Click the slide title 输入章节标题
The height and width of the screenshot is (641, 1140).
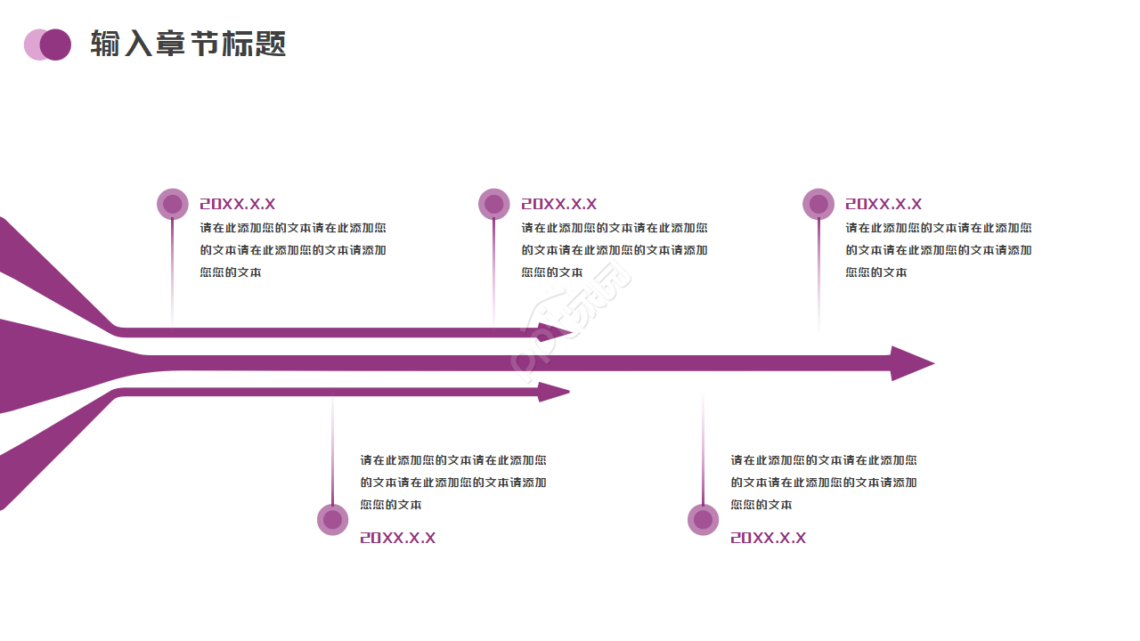pyautogui.click(x=188, y=44)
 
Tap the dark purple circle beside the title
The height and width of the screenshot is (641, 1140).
pyautogui.click(x=56, y=45)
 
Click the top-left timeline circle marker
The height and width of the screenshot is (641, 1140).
pyautogui.click(x=172, y=204)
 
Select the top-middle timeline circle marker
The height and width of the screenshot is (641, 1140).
pyautogui.click(x=493, y=204)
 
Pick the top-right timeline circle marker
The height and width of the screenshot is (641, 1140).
pyautogui.click(x=818, y=204)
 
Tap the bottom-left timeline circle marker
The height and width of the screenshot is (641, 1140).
pyautogui.click(x=332, y=520)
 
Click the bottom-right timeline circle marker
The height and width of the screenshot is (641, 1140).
pyautogui.click(x=703, y=520)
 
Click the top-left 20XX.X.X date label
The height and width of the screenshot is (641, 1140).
pyautogui.click(x=237, y=204)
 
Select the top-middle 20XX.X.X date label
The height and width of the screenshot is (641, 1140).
pyautogui.click(x=558, y=204)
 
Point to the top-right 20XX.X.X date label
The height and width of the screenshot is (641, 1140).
pyautogui.click(x=883, y=204)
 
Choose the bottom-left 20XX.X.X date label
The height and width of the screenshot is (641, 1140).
pyautogui.click(x=397, y=538)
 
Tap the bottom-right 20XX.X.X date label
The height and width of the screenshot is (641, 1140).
pyautogui.click(x=768, y=538)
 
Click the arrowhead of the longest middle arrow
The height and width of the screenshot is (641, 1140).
pyautogui.click(x=910, y=363)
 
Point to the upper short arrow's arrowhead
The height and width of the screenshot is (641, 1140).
pyautogui.click(x=554, y=333)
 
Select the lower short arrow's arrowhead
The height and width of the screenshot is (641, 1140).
pyautogui.click(x=553, y=392)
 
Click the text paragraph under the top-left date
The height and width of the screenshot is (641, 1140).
pyautogui.click(x=293, y=250)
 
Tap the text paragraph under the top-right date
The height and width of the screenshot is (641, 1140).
pyautogui.click(x=939, y=250)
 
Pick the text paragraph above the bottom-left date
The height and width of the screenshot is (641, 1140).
pyautogui.click(x=453, y=483)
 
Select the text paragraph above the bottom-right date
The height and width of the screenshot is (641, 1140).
pyautogui.click(x=824, y=483)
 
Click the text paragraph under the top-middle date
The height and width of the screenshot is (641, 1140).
pyautogui.click(x=615, y=250)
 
